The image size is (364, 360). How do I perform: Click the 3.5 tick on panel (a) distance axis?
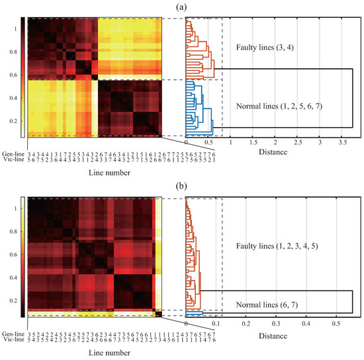point(341,142)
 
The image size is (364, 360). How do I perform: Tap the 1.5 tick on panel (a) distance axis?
point(252,142)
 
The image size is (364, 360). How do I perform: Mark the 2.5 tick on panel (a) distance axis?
point(297,142)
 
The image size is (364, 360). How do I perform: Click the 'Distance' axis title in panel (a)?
point(273,152)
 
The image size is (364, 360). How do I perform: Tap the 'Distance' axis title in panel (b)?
point(273,336)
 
